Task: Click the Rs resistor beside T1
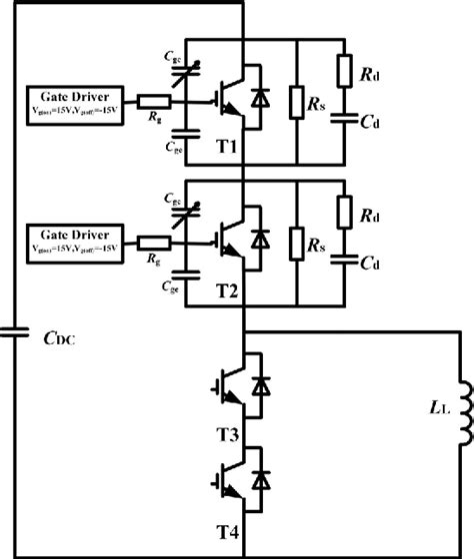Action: click(x=296, y=100)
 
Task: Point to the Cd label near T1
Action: click(x=371, y=123)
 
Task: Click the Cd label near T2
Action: click(x=371, y=265)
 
